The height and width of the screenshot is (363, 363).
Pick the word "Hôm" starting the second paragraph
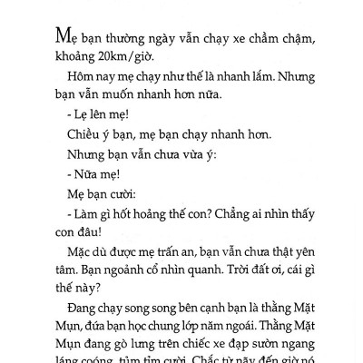pos(82,92)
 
